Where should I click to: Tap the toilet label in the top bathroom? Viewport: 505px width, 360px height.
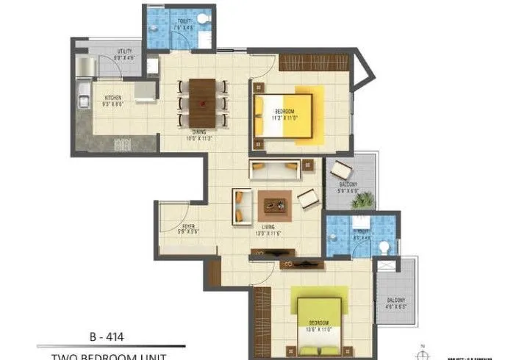[x=184, y=25]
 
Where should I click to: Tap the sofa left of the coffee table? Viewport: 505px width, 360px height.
[x=242, y=206]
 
